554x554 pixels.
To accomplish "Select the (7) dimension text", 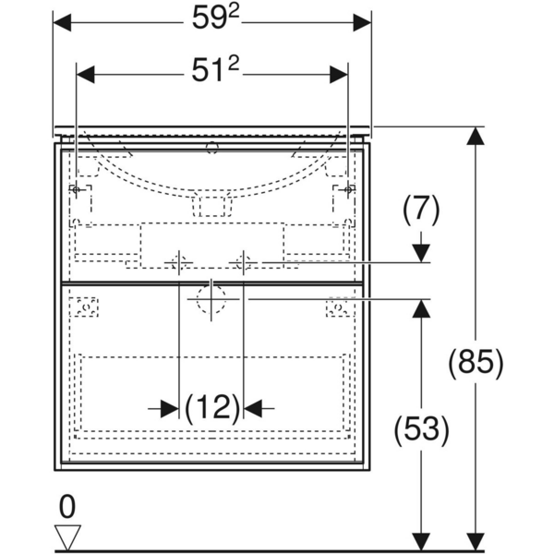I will click(x=421, y=211).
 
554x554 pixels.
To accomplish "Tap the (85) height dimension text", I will click(x=476, y=361).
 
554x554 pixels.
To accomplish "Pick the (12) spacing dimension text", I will click(x=212, y=407).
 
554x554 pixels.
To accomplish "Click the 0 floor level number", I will click(x=67, y=506).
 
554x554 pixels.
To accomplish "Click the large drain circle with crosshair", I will click(x=212, y=300).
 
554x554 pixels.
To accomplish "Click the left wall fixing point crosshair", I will click(x=78, y=190).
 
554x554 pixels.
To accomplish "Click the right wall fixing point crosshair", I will click(x=347, y=190).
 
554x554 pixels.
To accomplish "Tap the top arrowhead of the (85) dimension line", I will click(x=476, y=136).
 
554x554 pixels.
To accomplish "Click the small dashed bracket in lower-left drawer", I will click(x=86, y=307).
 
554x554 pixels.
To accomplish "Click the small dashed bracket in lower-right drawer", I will click(x=339, y=307).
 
